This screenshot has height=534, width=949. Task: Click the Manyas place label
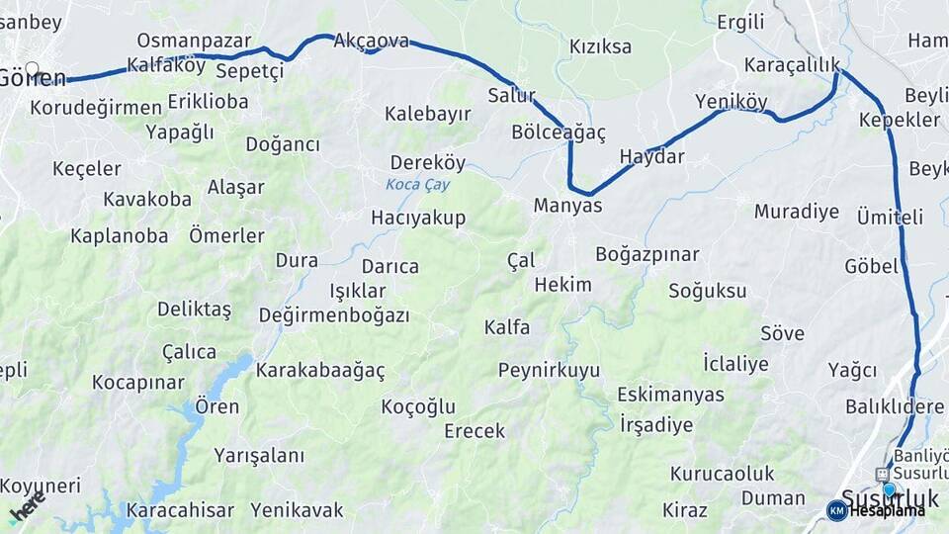click(x=567, y=206)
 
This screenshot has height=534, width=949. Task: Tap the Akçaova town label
click(x=371, y=41)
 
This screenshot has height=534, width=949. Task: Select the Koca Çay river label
click(x=416, y=185)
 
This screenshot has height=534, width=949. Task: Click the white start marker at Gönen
click(x=32, y=69)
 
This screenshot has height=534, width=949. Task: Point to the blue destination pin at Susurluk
click(x=889, y=489)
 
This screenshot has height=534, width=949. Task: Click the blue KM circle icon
click(x=836, y=510)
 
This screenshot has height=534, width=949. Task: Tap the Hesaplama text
click(x=887, y=510)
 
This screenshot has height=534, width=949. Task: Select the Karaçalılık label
click(x=792, y=65)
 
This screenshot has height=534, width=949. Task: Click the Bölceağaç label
click(x=559, y=132)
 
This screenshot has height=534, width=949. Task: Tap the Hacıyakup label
click(x=418, y=218)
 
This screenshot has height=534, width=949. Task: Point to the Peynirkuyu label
click(x=549, y=371)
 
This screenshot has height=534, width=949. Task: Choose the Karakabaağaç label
click(x=320, y=371)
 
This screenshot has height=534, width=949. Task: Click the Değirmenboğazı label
click(x=333, y=315)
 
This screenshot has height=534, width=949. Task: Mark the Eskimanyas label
click(x=670, y=395)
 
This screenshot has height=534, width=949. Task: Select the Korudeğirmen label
click(x=96, y=107)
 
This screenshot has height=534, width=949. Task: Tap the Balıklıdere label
click(x=895, y=406)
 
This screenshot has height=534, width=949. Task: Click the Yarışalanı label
click(x=259, y=456)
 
